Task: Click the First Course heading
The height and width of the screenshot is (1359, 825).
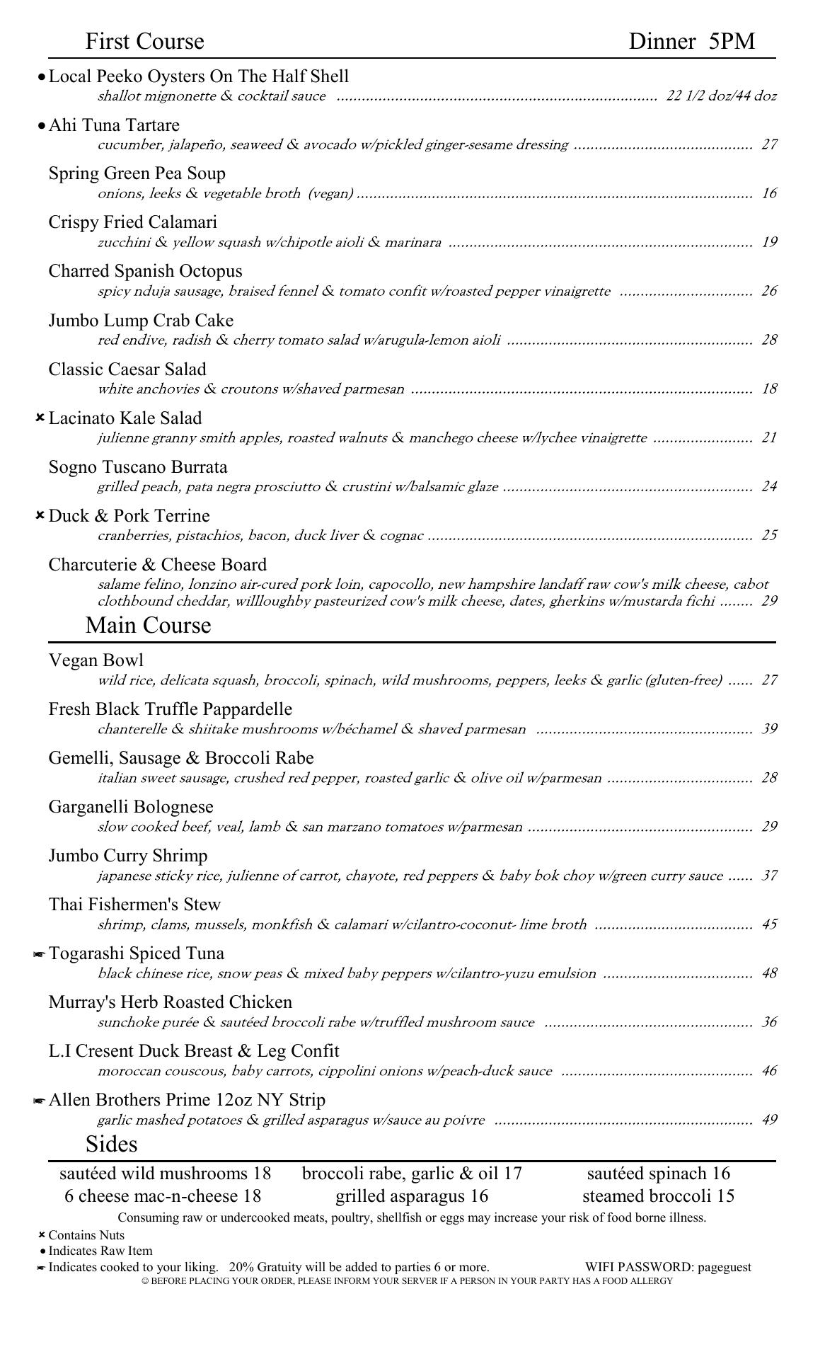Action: pos(144,42)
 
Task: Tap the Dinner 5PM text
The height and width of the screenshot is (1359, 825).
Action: pos(691,42)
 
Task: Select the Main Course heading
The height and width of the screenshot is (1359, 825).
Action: pos(148,626)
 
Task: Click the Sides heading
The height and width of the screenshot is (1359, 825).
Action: pos(111,1145)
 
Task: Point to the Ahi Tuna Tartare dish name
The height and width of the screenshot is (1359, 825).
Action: pos(114,125)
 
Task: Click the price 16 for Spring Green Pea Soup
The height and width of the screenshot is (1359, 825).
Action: pos(769,193)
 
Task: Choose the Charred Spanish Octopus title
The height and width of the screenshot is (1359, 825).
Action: pos(145,272)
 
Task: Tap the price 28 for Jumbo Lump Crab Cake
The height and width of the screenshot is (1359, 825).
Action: pos(769,340)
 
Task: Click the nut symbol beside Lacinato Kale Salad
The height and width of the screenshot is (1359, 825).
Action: pos(40,418)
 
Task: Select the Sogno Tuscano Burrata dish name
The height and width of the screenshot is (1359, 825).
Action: pos(138,467)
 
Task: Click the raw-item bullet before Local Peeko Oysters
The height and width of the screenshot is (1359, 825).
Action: pos(42,76)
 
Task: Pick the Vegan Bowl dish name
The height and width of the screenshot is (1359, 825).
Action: pos(96,660)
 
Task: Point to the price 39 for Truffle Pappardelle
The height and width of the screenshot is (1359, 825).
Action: pos(769,729)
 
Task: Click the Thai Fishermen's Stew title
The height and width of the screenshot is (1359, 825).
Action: pos(134,905)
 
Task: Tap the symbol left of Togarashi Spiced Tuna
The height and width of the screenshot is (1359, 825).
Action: pos(40,955)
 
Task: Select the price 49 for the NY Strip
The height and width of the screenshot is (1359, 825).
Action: pos(769,1120)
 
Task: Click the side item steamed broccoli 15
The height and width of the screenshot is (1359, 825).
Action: pos(658,1196)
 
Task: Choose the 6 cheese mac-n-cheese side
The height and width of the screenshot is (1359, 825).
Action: pos(163,1196)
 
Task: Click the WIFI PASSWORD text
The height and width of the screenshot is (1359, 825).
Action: pos(668,1267)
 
